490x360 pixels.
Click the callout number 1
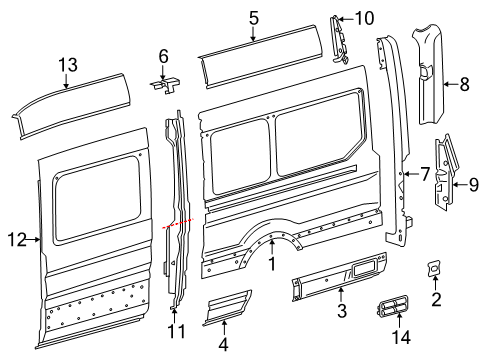[271, 263]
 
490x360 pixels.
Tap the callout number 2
[435, 299]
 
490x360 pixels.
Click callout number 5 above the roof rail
[253, 17]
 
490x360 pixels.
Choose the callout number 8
[463, 85]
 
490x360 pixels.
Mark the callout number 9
[474, 183]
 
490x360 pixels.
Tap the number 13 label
[67, 65]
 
